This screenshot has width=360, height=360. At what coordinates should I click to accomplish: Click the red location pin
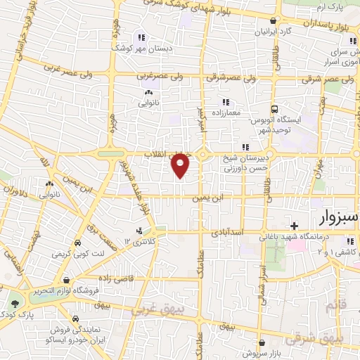click(x=181, y=165)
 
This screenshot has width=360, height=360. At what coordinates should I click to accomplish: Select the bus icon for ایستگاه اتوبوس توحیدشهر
click(x=275, y=109)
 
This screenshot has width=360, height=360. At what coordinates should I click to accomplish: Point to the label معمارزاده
click(x=226, y=113)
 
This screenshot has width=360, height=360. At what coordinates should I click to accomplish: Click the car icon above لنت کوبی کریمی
click(x=83, y=243)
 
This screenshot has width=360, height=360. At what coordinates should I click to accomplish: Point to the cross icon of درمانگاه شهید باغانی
click(x=294, y=225)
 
